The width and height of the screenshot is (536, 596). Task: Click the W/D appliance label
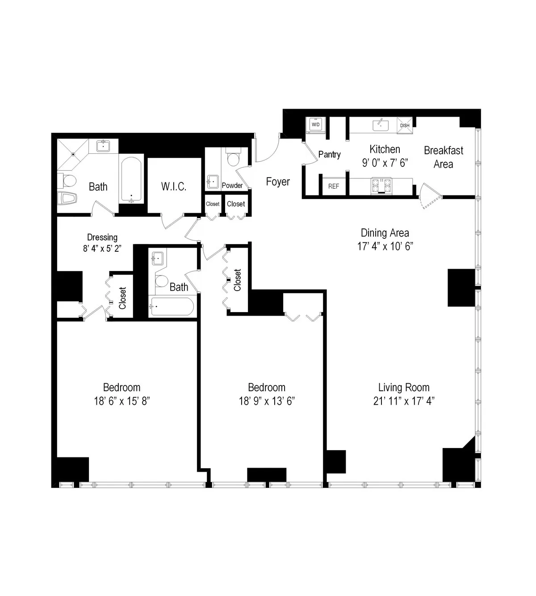(x=316, y=125)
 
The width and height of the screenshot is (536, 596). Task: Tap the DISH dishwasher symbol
(x=405, y=125)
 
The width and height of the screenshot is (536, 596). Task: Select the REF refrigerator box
(x=334, y=186)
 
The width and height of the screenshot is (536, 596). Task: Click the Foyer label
(x=278, y=182)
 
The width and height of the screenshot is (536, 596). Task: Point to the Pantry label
(x=330, y=154)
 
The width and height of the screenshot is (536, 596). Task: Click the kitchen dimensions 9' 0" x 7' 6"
(x=385, y=163)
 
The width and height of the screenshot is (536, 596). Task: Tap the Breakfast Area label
(x=444, y=157)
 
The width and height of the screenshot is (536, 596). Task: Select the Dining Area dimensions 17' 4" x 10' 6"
(x=385, y=246)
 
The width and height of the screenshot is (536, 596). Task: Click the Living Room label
(x=404, y=387)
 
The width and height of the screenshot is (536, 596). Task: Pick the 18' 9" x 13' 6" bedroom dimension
(x=267, y=401)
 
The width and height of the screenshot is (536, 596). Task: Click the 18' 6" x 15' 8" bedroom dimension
(x=121, y=401)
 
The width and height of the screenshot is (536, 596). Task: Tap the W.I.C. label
(x=174, y=186)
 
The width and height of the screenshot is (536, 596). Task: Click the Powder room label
(x=232, y=185)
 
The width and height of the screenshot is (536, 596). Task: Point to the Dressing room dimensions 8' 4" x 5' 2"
(x=102, y=249)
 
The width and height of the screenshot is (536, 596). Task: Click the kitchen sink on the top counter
(x=381, y=125)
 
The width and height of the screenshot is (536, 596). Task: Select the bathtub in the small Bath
(x=172, y=307)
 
